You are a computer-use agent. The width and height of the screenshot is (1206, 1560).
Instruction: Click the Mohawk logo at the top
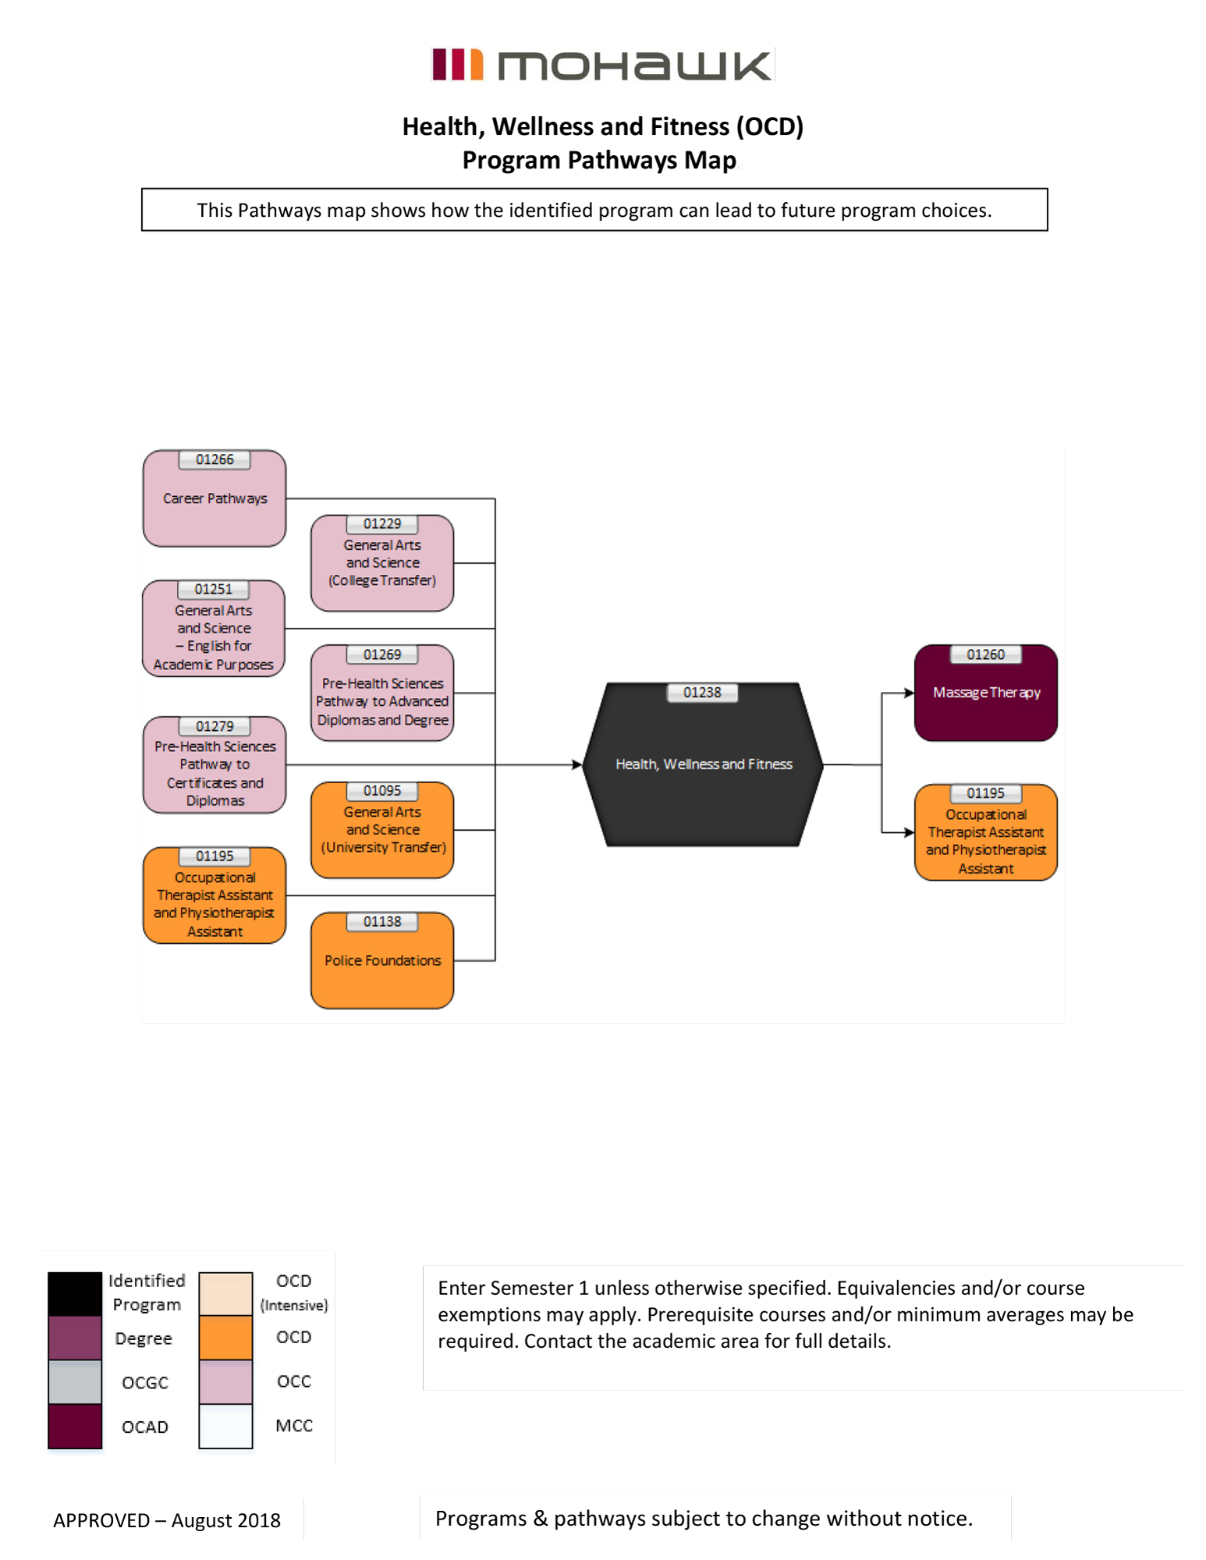(601, 65)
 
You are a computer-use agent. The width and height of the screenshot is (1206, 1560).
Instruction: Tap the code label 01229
(381, 524)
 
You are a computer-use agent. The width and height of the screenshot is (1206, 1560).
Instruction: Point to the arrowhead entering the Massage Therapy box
(909, 693)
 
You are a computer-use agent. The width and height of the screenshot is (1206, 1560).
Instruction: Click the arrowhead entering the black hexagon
(577, 764)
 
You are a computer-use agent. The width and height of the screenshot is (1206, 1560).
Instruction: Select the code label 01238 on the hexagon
(702, 693)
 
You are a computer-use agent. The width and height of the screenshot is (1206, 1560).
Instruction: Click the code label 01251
(214, 590)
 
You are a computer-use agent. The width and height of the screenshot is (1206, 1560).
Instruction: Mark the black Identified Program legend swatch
(75, 1293)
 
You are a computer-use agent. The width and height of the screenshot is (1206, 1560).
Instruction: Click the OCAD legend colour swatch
(75, 1426)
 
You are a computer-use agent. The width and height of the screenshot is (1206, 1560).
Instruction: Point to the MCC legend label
(294, 1426)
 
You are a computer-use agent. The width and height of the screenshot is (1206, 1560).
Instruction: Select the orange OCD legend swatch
(225, 1337)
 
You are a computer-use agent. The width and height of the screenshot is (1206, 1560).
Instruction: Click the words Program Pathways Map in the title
(598, 160)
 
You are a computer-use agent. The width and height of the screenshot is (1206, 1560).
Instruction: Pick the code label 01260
(985, 655)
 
